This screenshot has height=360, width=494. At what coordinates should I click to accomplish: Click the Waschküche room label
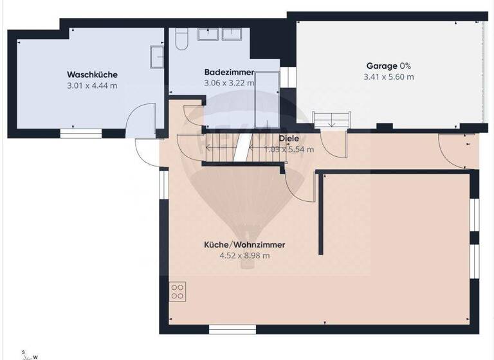92,75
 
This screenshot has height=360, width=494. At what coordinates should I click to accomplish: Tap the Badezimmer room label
229,72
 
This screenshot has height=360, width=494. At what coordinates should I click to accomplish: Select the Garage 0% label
389,66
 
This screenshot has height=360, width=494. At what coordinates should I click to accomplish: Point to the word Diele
289,139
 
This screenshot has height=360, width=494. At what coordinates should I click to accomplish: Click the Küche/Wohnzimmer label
244,245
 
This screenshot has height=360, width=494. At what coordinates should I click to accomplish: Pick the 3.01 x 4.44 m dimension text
92,85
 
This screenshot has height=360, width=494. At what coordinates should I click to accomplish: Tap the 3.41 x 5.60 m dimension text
389,76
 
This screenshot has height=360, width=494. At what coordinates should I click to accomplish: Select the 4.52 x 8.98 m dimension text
244,255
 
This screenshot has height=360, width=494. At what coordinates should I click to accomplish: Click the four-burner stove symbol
178,291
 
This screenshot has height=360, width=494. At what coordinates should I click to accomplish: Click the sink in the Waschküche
157,56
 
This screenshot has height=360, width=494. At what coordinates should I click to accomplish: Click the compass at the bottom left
28,354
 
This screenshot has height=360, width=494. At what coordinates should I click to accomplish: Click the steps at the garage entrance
332,119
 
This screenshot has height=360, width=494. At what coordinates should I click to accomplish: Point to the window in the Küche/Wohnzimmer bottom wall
228,329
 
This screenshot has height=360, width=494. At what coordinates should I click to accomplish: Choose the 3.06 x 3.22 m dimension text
229,83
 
